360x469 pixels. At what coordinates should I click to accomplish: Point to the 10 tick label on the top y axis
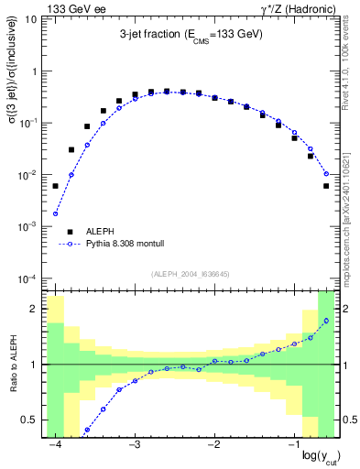click(31, 18)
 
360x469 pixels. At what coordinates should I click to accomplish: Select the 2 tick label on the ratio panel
click(33, 309)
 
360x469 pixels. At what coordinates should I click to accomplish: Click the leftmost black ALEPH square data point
click(55, 186)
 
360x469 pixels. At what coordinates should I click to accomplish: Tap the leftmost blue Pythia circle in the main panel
click(55, 213)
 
